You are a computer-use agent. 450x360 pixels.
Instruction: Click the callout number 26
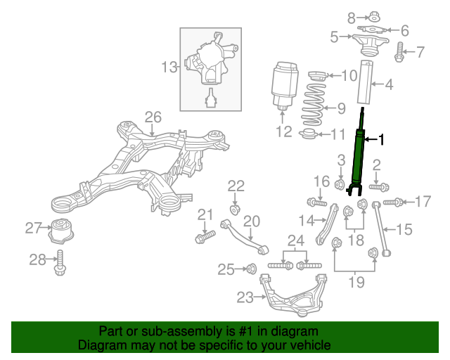point(153,117)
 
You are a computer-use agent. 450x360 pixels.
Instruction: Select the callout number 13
point(169,67)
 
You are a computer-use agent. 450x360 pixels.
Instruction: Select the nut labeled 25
point(250,268)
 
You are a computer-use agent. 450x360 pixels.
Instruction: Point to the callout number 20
point(251,221)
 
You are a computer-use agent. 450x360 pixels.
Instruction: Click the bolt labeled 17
point(394,202)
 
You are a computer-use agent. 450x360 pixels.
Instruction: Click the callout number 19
point(356,283)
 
